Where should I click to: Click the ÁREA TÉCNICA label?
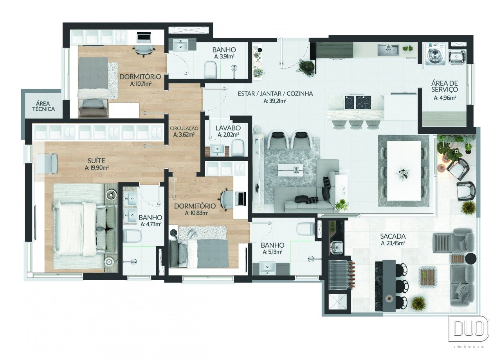[x=43, y=106]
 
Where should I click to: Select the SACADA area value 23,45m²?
[x=393, y=243]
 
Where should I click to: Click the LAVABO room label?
[x=228, y=128]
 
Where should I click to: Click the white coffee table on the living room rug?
[x=290, y=170]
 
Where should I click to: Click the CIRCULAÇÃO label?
[x=184, y=128]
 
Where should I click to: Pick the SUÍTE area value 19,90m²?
[x=97, y=168]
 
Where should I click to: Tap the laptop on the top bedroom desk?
[x=144, y=37]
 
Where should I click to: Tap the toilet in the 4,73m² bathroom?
[x=132, y=236]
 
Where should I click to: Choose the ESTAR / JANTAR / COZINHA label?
[x=275, y=94]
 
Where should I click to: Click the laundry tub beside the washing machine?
[x=458, y=57]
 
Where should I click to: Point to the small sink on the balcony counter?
[x=336, y=247]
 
